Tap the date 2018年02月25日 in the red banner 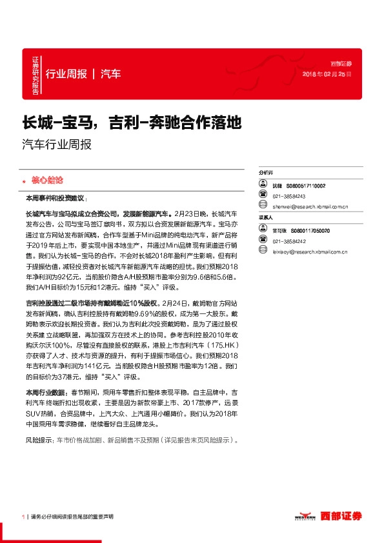click(328, 75)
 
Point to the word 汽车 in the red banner click(110, 74)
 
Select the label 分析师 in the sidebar click(265, 173)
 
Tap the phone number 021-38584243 click(289, 196)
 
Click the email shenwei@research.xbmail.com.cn click(310, 207)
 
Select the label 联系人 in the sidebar click(265, 218)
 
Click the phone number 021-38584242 click(289, 241)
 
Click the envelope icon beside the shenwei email click(263, 207)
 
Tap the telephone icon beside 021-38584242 click(263, 241)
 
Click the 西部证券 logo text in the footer click(343, 516)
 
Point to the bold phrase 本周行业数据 click(44, 392)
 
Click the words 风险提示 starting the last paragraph click(38, 441)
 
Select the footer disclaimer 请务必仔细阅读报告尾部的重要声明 click(72, 517)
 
